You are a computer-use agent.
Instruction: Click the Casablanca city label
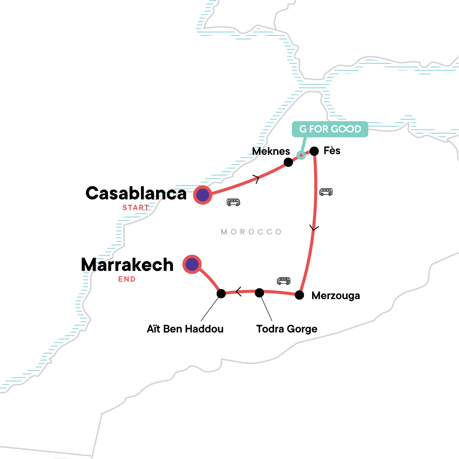(136, 194)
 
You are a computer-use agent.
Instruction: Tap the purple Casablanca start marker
(203, 195)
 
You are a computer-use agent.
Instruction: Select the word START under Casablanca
(136, 208)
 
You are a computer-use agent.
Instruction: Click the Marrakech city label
(127, 265)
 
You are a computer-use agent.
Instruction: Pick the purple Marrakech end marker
(192, 264)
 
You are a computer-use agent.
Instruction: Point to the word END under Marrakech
(127, 279)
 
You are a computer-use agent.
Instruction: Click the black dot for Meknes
(288, 162)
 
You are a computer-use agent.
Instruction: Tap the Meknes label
(271, 151)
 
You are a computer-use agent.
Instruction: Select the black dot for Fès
(314, 151)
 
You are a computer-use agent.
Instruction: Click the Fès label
(332, 151)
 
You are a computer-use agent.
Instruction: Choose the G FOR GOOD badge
(330, 129)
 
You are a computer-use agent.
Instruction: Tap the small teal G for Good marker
(301, 155)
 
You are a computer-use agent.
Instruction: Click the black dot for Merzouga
(299, 295)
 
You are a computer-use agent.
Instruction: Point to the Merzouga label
(336, 296)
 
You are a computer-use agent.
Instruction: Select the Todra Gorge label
(287, 329)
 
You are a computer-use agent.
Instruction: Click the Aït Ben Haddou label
(185, 329)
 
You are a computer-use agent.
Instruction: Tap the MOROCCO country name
(251, 232)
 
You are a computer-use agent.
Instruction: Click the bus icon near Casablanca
(233, 202)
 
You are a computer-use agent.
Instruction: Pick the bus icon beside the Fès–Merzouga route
(326, 192)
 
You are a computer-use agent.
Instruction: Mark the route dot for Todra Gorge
(259, 293)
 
